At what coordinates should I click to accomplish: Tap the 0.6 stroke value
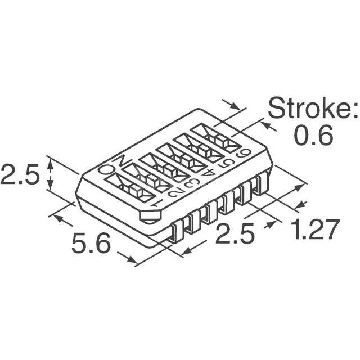313,136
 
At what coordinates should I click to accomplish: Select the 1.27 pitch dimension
316,229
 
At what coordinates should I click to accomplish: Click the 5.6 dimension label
91,242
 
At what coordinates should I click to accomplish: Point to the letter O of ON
106,169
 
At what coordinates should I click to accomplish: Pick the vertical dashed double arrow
51,174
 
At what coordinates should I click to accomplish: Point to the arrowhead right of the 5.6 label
132,259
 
